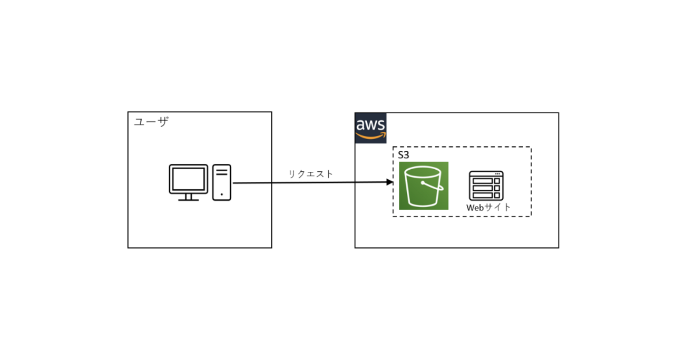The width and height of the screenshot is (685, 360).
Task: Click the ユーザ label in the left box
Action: tap(151, 122)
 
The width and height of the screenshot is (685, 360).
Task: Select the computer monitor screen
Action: tap(188, 179)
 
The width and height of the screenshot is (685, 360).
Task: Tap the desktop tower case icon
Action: tap(222, 182)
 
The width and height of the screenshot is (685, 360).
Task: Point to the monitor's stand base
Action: tap(188, 199)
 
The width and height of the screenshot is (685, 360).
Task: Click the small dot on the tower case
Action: tap(222, 194)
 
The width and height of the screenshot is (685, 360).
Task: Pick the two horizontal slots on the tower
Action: tap(222, 172)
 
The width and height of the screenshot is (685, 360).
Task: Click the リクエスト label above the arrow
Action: tap(310, 174)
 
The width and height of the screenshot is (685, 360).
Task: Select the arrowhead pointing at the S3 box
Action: tap(390, 182)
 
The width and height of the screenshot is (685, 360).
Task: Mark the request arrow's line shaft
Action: tap(311, 183)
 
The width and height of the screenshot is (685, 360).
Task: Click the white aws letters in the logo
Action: tap(370, 125)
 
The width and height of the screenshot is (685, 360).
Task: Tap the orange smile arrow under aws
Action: tap(371, 136)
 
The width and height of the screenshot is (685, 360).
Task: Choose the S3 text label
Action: tap(404, 155)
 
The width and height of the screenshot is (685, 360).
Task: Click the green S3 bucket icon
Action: tap(423, 186)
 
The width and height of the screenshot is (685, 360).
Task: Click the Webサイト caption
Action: tap(488, 207)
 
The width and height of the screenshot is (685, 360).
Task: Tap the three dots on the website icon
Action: tap(497, 173)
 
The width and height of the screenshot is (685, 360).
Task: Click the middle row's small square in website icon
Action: tap(497, 188)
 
